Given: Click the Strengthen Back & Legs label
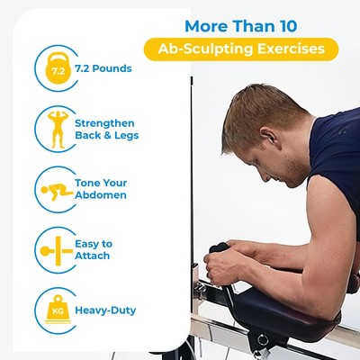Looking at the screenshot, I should pos(107,129).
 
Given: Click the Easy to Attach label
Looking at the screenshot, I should pos(93,249).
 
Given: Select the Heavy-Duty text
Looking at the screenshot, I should pos(105,310).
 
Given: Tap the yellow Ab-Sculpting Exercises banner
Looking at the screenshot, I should pos(241,49).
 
